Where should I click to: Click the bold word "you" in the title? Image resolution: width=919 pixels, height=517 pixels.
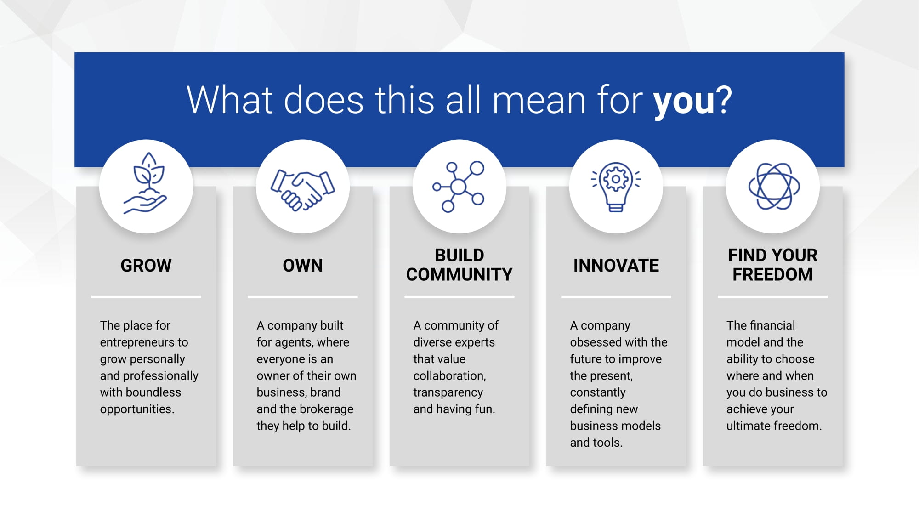point(684,101)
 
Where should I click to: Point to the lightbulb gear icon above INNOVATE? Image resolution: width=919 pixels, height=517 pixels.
point(616,187)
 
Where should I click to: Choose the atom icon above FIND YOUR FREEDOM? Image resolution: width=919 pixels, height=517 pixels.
point(774,186)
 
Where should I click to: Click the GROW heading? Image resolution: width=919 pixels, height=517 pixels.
point(146,266)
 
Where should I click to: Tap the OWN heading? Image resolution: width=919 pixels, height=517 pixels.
point(303,266)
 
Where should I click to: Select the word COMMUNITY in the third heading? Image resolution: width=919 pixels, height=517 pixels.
point(459,275)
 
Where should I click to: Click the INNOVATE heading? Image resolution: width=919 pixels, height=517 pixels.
point(616,266)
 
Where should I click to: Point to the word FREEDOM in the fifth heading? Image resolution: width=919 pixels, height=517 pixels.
point(772,275)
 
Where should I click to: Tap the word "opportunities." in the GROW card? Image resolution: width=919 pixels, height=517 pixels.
point(137,409)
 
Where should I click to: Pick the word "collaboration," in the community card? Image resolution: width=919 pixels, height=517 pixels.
point(449,376)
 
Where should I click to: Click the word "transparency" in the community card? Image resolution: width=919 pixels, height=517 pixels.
point(448,392)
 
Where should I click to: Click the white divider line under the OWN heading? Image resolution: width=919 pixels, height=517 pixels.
point(303,297)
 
